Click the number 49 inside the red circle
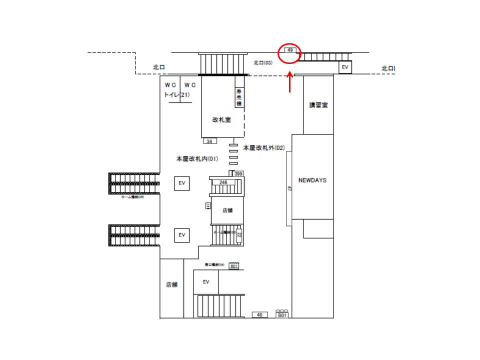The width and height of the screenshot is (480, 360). pyautogui.click(x=289, y=50)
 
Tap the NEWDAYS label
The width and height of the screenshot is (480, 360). pyautogui.click(x=312, y=180)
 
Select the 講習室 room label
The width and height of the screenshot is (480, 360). pyautogui.click(x=318, y=105)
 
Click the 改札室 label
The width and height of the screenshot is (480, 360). pyautogui.click(x=221, y=120)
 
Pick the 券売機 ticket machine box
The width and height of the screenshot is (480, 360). pyautogui.click(x=239, y=97)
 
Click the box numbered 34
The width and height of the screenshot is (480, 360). pyautogui.click(x=209, y=141)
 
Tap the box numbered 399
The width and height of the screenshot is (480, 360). pyautogui.click(x=238, y=173)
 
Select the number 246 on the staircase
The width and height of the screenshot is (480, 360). pyautogui.click(x=223, y=182)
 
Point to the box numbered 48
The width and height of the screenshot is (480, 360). pyautogui.click(x=259, y=315)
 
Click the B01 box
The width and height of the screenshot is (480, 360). pyautogui.click(x=282, y=315)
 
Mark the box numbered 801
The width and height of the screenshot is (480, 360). pyautogui.click(x=234, y=266)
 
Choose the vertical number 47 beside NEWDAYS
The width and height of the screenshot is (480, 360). pyautogui.click(x=289, y=188)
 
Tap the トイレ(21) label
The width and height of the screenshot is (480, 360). pyautogui.click(x=176, y=94)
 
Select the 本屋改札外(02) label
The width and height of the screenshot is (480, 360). pyautogui.click(x=263, y=148)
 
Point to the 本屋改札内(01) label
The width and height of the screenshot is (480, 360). pyautogui.click(x=197, y=158)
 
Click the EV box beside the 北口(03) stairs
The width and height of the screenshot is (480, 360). pyautogui.click(x=344, y=67)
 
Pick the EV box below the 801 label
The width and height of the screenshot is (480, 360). pyautogui.click(x=205, y=282)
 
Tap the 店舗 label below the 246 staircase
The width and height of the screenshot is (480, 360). pyautogui.click(x=227, y=210)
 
